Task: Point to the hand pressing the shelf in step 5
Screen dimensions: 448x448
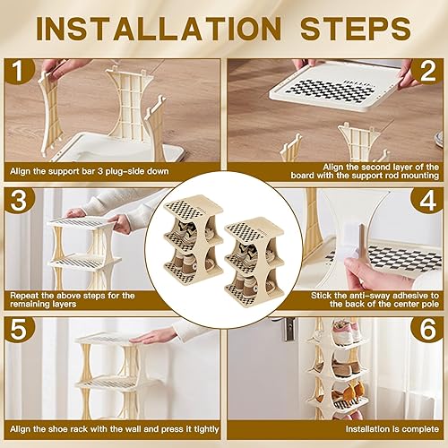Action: [x=161, y=336]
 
